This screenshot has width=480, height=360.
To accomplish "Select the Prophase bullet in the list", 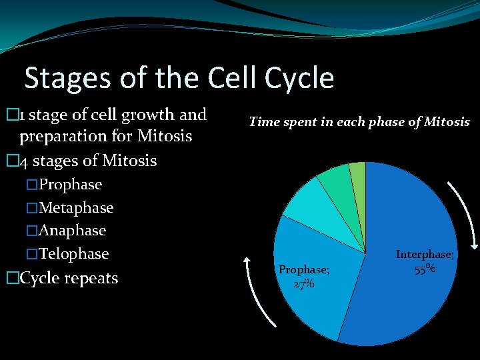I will coord(70,184).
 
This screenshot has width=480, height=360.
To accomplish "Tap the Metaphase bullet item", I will coord(76,208).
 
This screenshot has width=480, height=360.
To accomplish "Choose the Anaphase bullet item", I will coord(72,231).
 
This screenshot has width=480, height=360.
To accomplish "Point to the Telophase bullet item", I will coord(73,254).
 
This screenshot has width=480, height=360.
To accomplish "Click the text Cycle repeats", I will coord(69,278).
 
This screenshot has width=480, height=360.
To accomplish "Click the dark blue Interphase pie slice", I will coord(407,293).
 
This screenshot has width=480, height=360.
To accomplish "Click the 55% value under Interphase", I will coord(425,269).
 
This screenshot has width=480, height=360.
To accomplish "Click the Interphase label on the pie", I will coord(425,255).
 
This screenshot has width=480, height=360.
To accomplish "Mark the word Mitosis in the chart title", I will coord(447,122).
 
